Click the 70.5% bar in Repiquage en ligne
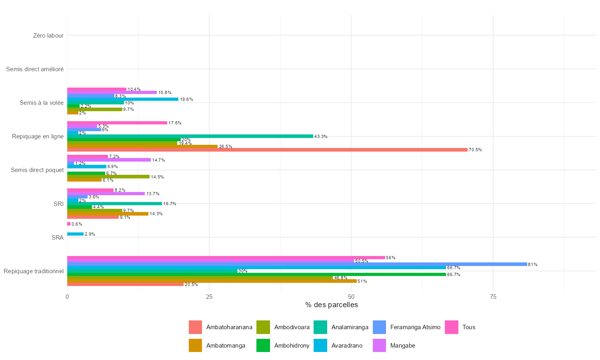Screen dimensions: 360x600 (x=267, y=150)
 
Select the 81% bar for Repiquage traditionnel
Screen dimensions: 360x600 (x=297, y=264)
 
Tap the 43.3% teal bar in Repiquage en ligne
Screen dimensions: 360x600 (x=190, y=136)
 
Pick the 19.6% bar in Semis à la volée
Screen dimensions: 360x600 (x=123, y=99)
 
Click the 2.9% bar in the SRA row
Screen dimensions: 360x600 (x=75, y=234)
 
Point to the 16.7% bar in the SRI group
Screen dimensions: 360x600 (x=114, y=204)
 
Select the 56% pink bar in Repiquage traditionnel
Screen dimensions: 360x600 (x=226, y=258)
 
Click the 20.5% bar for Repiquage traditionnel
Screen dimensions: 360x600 (x=125, y=284)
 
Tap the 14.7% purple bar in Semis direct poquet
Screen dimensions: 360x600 (x=109, y=160)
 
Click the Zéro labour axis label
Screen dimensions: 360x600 (x=48, y=36)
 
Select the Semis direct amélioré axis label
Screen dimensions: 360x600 (x=35, y=69)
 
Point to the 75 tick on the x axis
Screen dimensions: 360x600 (x=493, y=297)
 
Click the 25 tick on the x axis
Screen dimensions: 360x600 (x=209, y=297)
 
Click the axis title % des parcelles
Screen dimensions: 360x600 (x=331, y=305)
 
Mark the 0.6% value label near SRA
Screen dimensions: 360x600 (x=77, y=224)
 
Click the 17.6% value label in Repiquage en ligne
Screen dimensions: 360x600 (x=175, y=123)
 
